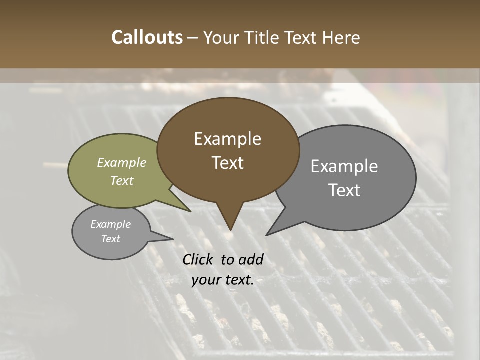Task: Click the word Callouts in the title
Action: [x=147, y=38]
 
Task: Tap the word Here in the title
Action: [x=341, y=38]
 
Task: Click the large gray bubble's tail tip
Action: [x=267, y=234]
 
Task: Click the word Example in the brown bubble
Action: [x=227, y=139]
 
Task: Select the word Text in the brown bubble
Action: [x=227, y=163]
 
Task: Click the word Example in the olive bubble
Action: [x=122, y=163]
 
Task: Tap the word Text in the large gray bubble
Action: [x=344, y=190]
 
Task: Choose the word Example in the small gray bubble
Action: [x=110, y=224]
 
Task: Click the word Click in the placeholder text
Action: [x=198, y=259]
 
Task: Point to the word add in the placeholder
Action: [x=251, y=259]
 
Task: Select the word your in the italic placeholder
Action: [x=205, y=280]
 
